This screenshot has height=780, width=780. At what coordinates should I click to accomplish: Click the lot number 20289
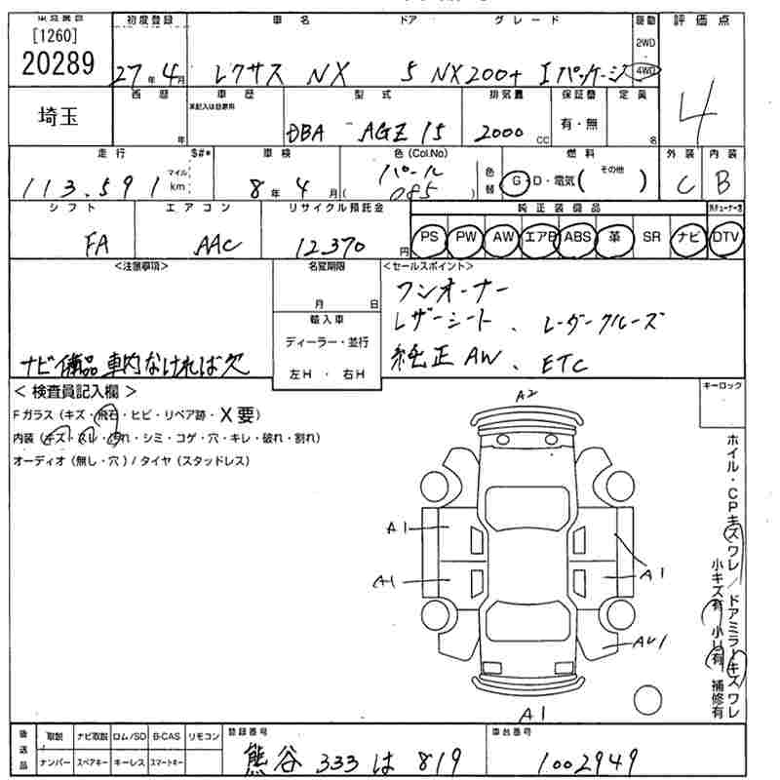[58, 63]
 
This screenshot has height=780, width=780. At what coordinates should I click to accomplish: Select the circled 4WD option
[645, 71]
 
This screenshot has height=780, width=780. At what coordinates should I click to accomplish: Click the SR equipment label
[651, 237]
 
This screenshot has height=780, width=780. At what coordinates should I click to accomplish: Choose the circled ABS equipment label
[577, 237]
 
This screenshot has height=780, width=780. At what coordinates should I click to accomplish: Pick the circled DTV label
[725, 237]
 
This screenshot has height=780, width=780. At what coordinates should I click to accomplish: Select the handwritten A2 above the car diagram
[527, 393]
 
